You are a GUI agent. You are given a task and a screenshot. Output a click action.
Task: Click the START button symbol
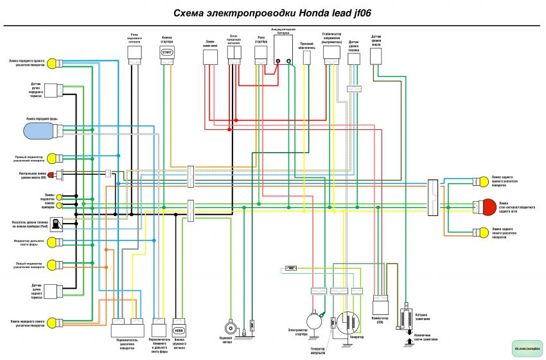(166, 51)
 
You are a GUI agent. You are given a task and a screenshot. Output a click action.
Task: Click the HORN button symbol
(179, 331)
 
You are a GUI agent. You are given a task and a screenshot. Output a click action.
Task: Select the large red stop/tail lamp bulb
(489, 207)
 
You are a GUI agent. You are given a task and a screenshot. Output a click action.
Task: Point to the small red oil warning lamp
(58, 174)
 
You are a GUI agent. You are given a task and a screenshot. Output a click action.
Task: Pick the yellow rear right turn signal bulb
(480, 182)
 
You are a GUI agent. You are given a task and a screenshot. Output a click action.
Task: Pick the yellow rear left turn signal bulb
(480, 233)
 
